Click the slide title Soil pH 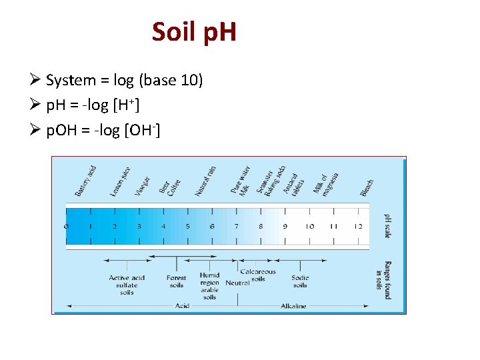pyautogui.click(x=194, y=31)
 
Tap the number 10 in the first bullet pyautogui.click(x=187, y=81)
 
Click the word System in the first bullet pyautogui.click(x=71, y=81)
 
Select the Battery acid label pyautogui.click(x=85, y=180)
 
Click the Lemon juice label pyautogui.click(x=120, y=181)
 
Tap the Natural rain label pyautogui.click(x=205, y=181)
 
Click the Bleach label pyautogui.click(x=367, y=187)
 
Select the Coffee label pyautogui.click(x=174, y=187)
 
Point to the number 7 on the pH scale pyautogui.click(x=236, y=227)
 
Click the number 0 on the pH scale pyautogui.click(x=66, y=227)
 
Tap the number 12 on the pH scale pyautogui.click(x=358, y=227)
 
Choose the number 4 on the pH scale pyautogui.click(x=163, y=227)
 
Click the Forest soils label pyautogui.click(x=176, y=282)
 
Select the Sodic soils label pyautogui.click(x=300, y=282)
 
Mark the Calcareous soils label pyautogui.click(x=258, y=275)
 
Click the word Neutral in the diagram pyautogui.click(x=237, y=283)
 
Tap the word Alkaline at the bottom pyautogui.click(x=293, y=306)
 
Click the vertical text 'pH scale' pyautogui.click(x=387, y=226)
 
